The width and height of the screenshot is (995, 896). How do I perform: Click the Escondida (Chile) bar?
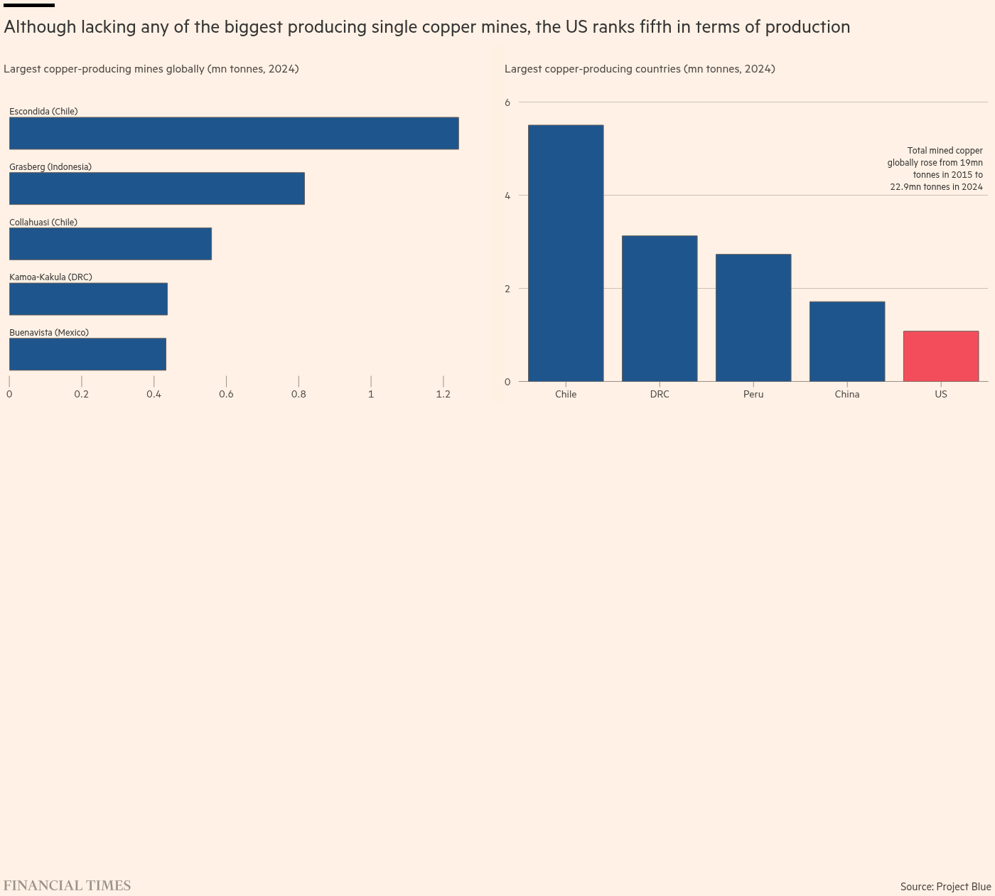[x=234, y=133]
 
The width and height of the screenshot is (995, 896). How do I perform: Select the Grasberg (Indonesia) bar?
[x=157, y=188]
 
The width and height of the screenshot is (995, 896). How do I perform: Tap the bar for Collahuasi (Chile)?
[x=110, y=244]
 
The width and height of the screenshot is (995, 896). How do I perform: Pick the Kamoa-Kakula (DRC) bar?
[x=88, y=299]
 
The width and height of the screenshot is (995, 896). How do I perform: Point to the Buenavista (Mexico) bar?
[x=87, y=354]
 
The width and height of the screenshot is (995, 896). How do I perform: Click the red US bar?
[x=941, y=356]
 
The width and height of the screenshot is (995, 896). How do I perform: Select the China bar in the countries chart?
[x=847, y=341]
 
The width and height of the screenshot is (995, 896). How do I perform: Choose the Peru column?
[x=753, y=318]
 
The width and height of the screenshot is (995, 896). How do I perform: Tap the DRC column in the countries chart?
[x=660, y=308]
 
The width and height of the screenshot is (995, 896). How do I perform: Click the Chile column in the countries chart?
[x=566, y=253]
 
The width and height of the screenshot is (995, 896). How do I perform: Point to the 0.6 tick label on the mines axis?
[x=226, y=394]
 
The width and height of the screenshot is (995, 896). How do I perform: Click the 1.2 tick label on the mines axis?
[x=443, y=394]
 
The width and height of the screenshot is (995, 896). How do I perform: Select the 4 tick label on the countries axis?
[x=507, y=196]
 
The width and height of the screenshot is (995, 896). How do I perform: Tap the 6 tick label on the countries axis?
[x=507, y=102]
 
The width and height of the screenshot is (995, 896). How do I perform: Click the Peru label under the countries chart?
[x=753, y=394]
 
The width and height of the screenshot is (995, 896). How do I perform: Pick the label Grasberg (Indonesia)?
[x=50, y=167]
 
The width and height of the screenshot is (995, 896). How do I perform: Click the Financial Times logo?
[x=67, y=885]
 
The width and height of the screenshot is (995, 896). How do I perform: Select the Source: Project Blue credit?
[x=945, y=886]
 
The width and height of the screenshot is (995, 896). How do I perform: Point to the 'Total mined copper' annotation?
[x=935, y=169]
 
